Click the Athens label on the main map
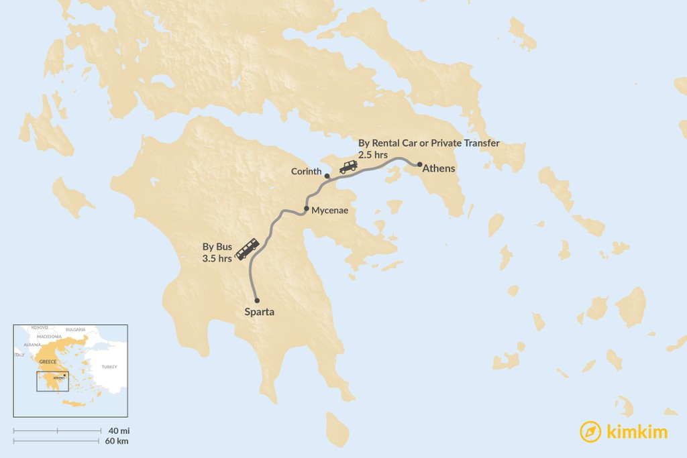coord(439,169)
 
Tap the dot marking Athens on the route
coord(420,164)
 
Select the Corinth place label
coord(307,172)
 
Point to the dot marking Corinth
coord(327,176)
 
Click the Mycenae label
coord(329,211)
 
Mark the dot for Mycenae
coord(307,209)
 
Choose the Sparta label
coord(259,312)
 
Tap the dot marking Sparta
coord(257,300)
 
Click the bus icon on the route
coord(248,249)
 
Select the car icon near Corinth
coord(348,167)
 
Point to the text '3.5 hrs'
coord(217,257)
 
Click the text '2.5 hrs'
coord(374,154)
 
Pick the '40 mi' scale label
coord(117,431)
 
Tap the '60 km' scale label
coord(117,441)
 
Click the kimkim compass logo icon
coord(590,432)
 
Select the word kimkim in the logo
coord(637,433)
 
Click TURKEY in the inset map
coord(109,367)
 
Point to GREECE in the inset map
coord(48,361)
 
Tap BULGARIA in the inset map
coord(75,329)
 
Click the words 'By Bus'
coord(217,247)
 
